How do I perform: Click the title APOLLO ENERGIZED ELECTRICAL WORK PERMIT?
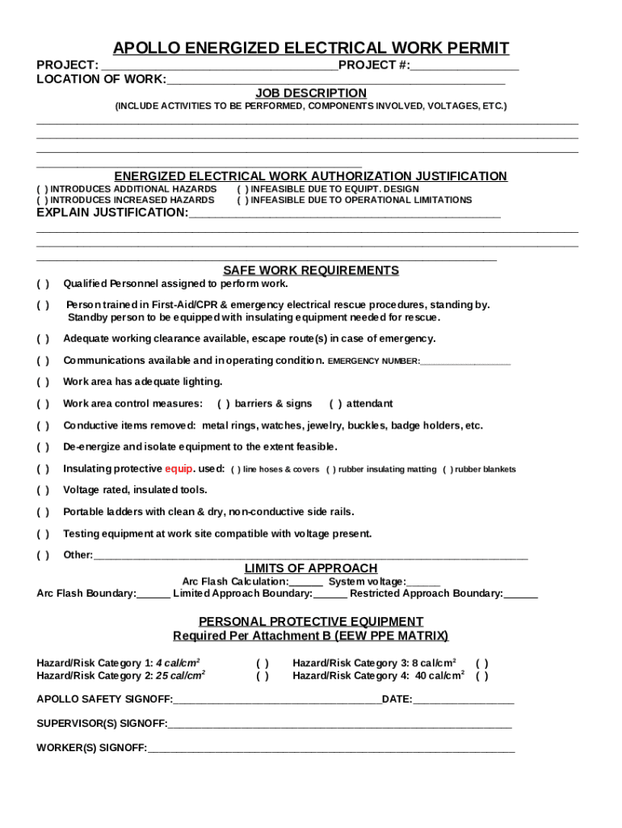(x=311, y=48)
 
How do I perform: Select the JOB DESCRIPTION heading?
(x=311, y=93)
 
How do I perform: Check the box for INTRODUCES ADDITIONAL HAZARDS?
(x=42, y=188)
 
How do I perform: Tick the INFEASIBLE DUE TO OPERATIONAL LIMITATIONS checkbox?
(x=242, y=200)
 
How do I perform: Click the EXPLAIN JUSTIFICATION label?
(x=112, y=213)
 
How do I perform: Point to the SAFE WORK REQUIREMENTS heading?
(x=311, y=270)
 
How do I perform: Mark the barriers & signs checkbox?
(x=224, y=403)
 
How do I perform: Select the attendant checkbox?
(x=335, y=403)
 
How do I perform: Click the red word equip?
(x=179, y=468)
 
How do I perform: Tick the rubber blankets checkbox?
(x=448, y=469)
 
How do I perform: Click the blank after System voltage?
(x=424, y=581)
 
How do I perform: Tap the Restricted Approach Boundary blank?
(x=520, y=594)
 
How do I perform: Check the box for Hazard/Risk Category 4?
(x=481, y=676)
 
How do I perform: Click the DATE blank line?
(x=463, y=699)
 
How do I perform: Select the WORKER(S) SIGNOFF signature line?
(x=331, y=748)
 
